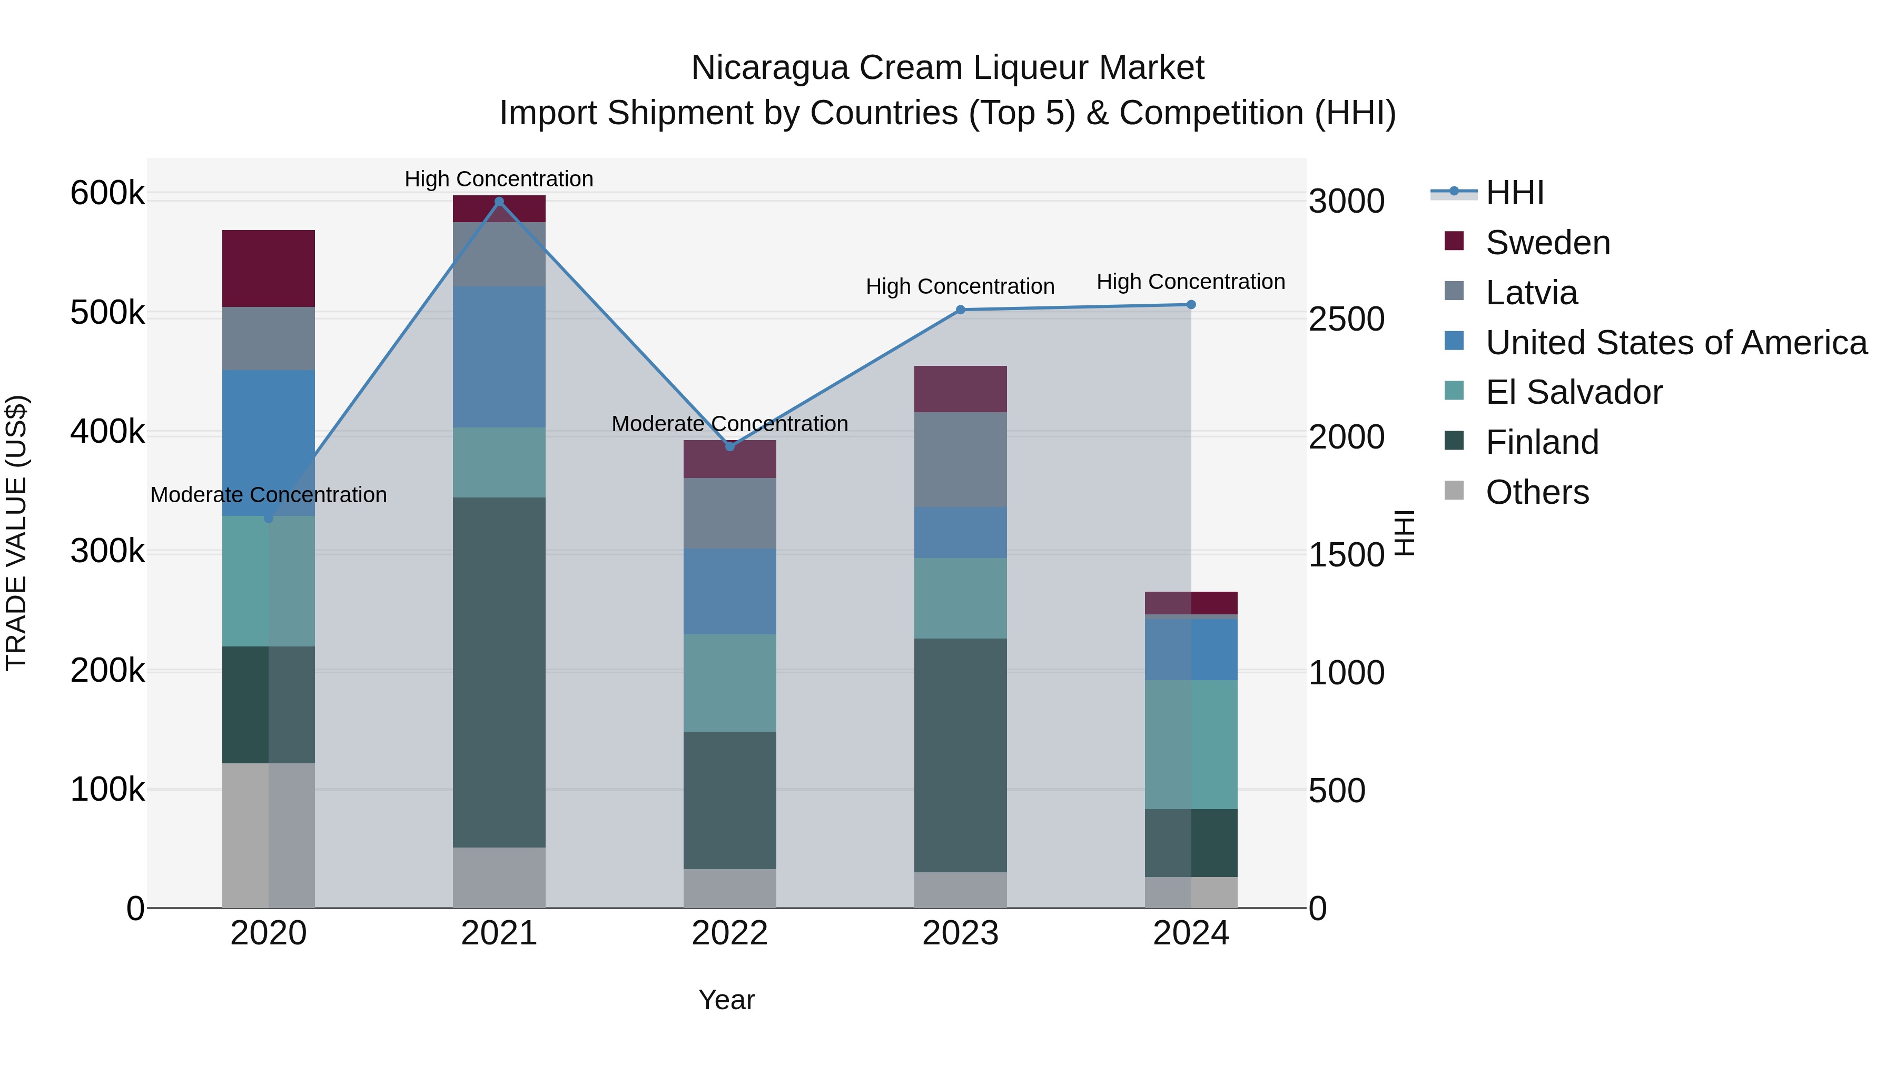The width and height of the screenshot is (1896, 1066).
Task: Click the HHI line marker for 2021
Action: [x=499, y=202]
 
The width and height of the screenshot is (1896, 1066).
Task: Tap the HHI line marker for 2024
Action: [x=1191, y=305]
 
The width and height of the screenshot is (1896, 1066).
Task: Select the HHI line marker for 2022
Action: [x=730, y=446]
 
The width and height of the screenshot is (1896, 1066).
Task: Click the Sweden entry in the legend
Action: [x=1547, y=243]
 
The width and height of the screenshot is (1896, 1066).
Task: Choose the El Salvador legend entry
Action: [x=1574, y=392]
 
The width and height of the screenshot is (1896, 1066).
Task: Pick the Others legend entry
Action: [x=1537, y=492]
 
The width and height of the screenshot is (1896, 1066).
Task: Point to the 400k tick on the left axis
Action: [x=107, y=432]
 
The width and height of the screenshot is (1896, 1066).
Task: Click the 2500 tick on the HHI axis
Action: [x=1346, y=320]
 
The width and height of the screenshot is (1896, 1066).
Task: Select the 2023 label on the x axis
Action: [x=960, y=933]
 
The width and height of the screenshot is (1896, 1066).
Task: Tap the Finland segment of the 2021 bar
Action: [x=499, y=672]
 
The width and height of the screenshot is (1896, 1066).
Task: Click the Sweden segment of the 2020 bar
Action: [x=269, y=268]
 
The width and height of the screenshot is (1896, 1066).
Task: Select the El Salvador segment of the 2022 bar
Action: [x=730, y=683]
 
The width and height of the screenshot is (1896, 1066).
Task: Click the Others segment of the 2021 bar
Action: [x=499, y=878]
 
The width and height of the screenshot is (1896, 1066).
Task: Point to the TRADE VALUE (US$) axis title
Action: [x=16, y=533]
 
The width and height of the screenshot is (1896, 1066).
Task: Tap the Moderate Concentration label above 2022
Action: [x=730, y=424]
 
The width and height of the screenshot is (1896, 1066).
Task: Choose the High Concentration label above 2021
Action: [x=499, y=179]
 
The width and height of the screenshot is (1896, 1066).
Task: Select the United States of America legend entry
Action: [x=1676, y=343]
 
